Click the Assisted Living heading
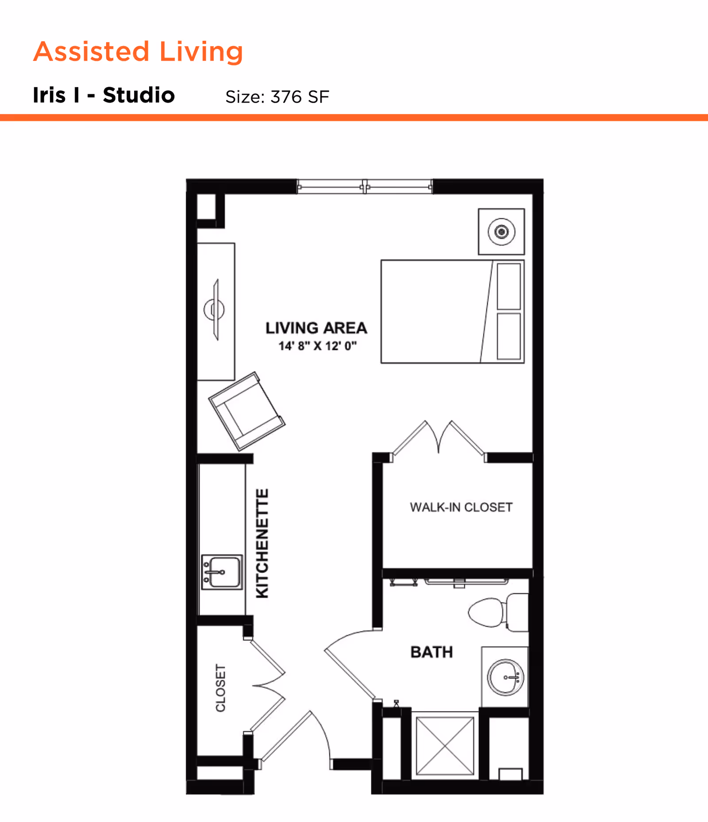click(138, 51)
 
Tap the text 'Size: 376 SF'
click(277, 97)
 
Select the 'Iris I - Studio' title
click(104, 95)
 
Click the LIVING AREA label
click(316, 328)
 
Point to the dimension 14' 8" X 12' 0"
click(317, 346)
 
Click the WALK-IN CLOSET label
click(461, 507)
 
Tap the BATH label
click(431, 652)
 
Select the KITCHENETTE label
click(262, 543)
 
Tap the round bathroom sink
click(505, 677)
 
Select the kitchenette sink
click(222, 572)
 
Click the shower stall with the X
click(445, 746)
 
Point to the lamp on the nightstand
click(501, 232)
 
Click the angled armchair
click(246, 411)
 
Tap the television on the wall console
click(215, 309)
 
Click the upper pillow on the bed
click(508, 286)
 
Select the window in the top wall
click(364, 187)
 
